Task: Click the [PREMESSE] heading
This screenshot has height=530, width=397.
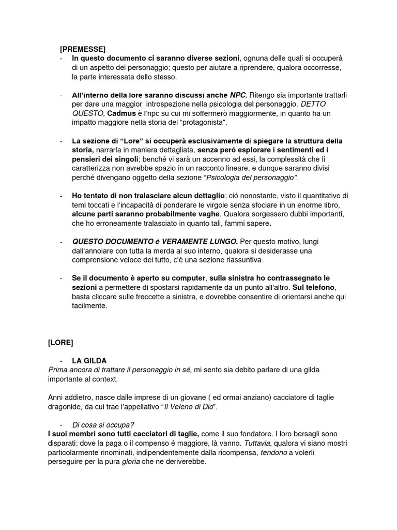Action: (83, 50)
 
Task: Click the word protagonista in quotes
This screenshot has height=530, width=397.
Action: (204, 123)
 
